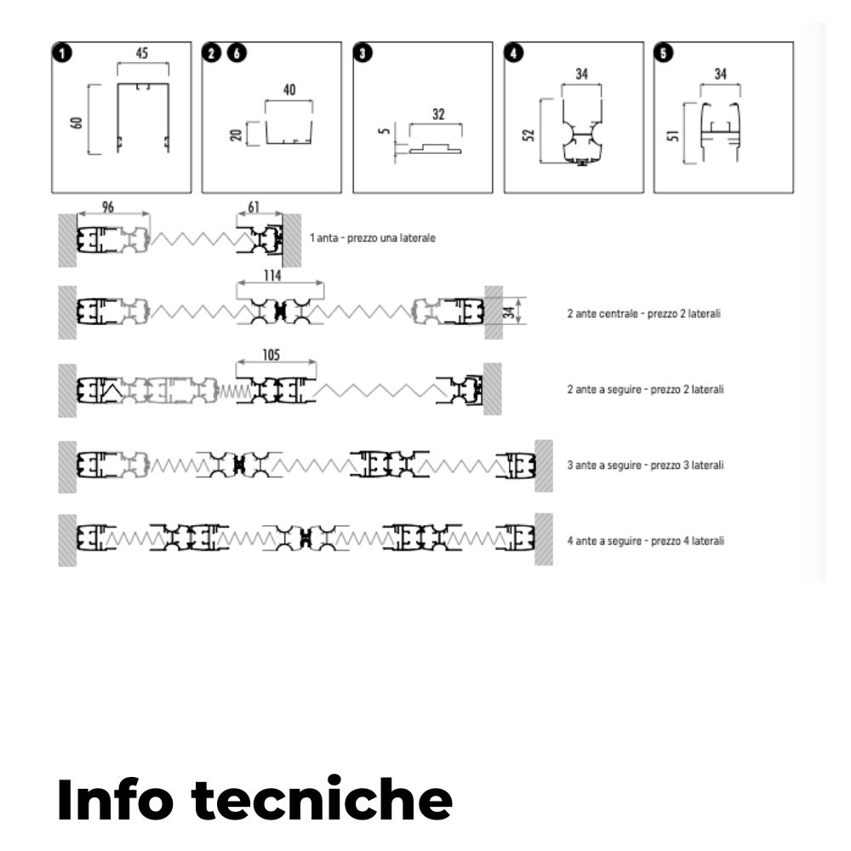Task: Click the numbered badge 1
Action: click(61, 54)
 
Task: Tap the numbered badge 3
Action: click(363, 54)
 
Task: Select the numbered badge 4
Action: click(514, 54)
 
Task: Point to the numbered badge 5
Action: click(664, 54)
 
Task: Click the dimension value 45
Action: click(142, 54)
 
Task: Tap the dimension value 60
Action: click(77, 122)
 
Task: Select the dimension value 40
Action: click(290, 90)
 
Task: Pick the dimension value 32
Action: click(438, 113)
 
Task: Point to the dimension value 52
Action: click(530, 134)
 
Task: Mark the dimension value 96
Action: click(108, 207)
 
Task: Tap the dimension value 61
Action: click(254, 207)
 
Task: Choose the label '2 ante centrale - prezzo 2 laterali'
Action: click(644, 314)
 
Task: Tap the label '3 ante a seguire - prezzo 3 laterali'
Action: click(645, 465)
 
